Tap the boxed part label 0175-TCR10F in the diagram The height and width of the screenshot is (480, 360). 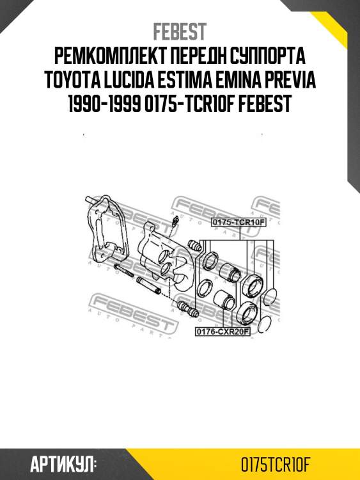(x=238, y=222)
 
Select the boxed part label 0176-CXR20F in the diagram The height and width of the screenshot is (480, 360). (x=222, y=332)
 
